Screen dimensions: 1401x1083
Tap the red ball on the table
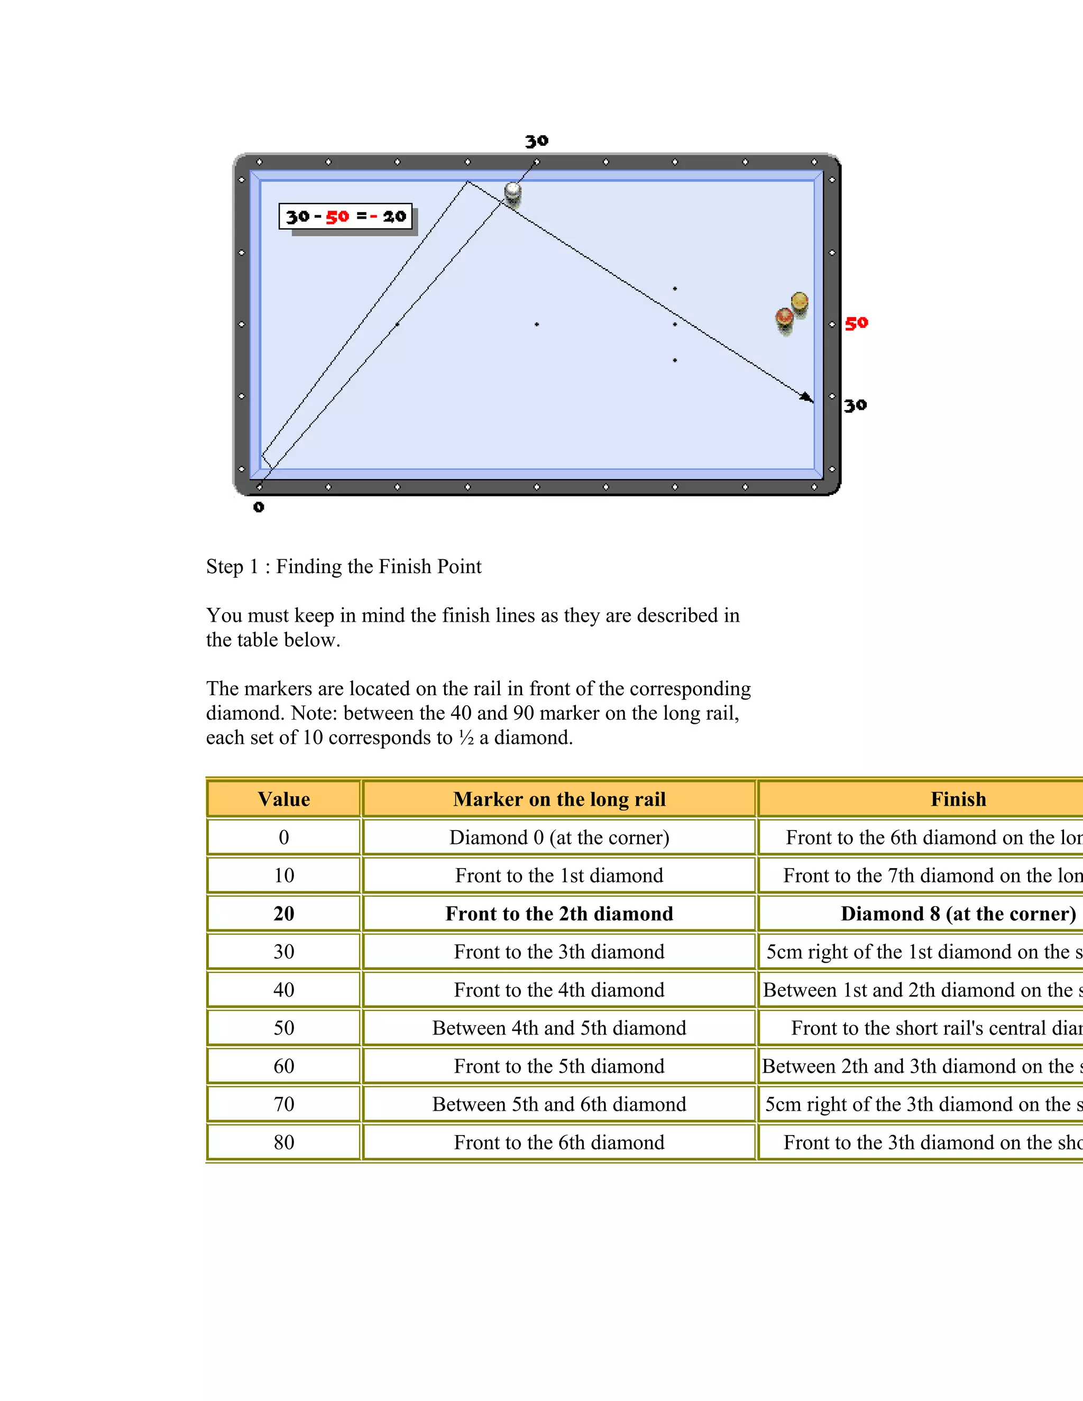[785, 318]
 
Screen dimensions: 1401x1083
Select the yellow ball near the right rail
[800, 301]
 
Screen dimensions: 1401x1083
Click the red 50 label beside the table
[856, 324]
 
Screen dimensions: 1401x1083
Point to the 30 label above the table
[536, 141]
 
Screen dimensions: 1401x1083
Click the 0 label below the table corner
[259, 507]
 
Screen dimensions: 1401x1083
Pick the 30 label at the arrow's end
[855, 405]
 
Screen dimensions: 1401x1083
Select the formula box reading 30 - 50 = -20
[346, 217]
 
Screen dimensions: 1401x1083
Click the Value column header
[283, 799]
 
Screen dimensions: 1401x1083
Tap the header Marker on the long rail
[559, 799]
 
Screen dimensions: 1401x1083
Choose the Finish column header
[958, 799]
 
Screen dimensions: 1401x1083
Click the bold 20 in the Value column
[283, 914]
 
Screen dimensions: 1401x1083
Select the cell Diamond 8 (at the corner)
[958, 914]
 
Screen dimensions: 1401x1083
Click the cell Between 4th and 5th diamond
[559, 1028]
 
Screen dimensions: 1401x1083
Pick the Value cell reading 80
[283, 1142]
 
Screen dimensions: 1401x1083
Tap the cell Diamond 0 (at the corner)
[559, 837]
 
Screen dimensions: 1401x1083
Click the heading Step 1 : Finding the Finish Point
[344, 566]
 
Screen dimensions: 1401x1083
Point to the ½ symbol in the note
[466, 738]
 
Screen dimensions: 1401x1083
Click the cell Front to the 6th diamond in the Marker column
[559, 1142]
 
